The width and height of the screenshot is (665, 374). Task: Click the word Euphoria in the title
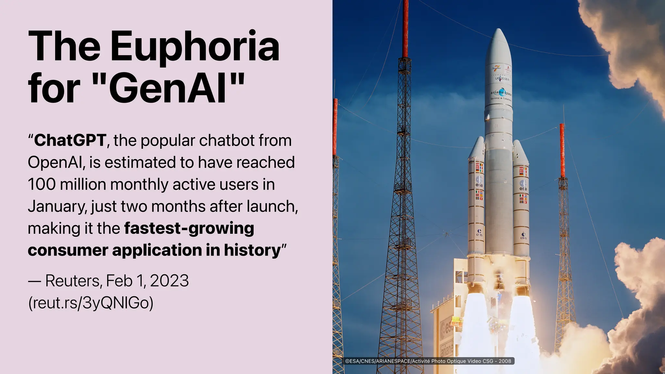pyautogui.click(x=195, y=46)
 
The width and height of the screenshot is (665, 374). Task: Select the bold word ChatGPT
pyautogui.click(x=70, y=140)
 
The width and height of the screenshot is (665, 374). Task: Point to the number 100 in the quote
pyautogui.click(x=42, y=184)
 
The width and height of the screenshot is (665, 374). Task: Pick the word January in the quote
pyautogui.click(x=57, y=206)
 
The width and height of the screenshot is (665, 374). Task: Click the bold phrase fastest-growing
pyautogui.click(x=189, y=228)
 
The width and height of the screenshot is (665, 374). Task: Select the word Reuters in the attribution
pyautogui.click(x=73, y=281)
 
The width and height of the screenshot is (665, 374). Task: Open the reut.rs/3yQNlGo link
pyautogui.click(x=91, y=303)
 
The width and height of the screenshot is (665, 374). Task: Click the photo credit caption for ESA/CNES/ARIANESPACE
pyautogui.click(x=428, y=361)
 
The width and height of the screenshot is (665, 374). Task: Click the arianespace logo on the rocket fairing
pyautogui.click(x=501, y=93)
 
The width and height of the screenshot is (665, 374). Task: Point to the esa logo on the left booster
pyautogui.click(x=479, y=182)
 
